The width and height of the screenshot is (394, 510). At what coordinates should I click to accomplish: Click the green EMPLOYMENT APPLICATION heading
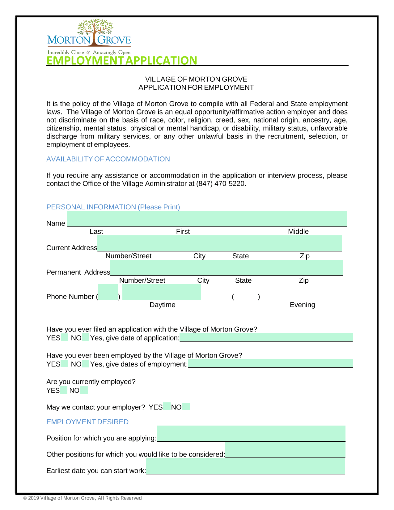[122, 60]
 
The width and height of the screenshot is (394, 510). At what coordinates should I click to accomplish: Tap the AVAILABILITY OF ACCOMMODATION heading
[108, 159]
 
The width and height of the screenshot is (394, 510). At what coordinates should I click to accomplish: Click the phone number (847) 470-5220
[221, 184]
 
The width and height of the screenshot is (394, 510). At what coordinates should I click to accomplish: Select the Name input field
[207, 219]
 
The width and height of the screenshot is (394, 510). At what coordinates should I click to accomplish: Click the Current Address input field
[219, 243]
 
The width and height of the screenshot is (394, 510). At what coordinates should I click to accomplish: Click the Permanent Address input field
[227, 268]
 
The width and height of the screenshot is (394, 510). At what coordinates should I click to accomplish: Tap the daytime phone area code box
[108, 292]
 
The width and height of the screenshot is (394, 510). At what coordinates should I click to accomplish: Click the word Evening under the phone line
[302, 305]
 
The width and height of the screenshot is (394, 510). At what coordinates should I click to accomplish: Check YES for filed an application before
[65, 337]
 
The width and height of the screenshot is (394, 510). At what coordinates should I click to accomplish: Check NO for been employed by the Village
[86, 364]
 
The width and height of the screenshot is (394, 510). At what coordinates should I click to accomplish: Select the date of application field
[266, 337]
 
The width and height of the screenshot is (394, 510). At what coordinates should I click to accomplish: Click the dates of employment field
[270, 363]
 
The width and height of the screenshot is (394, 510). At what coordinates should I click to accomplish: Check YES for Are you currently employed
[64, 390]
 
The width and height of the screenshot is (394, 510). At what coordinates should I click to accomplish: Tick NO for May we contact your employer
[186, 407]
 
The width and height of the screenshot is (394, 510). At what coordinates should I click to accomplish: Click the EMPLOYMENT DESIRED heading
[87, 422]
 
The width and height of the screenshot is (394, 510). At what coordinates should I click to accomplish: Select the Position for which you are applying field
[251, 433]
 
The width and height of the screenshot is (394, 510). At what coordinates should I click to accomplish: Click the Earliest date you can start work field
[245, 466]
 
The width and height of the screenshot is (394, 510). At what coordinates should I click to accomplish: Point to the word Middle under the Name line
[298, 232]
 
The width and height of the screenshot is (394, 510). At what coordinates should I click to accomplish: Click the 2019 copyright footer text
[83, 498]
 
